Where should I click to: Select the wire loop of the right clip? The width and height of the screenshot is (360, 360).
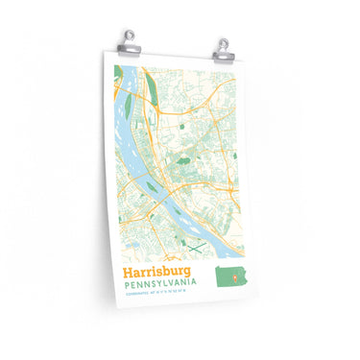224,39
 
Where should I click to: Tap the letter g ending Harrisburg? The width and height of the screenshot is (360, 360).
188,276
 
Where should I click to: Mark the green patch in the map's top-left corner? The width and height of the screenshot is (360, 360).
118,71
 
